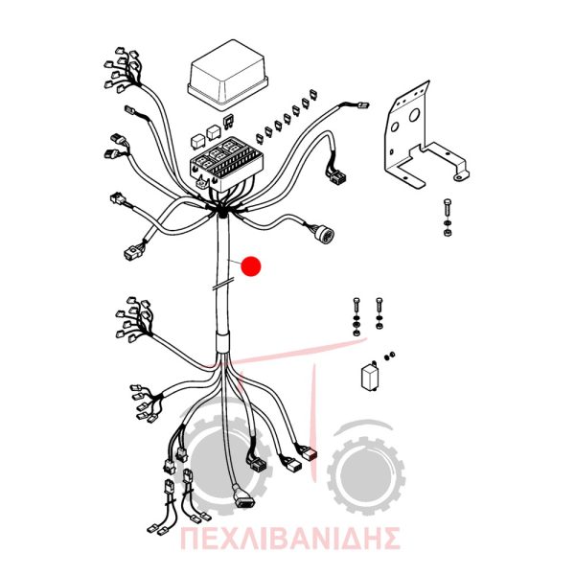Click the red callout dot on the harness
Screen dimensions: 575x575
[x=251, y=265]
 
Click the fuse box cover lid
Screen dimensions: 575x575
[x=227, y=75]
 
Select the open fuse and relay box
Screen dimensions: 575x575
[x=226, y=164]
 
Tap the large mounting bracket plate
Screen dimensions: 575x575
[x=422, y=137]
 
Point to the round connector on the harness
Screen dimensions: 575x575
[x=325, y=233]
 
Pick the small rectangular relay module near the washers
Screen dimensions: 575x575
[x=370, y=378]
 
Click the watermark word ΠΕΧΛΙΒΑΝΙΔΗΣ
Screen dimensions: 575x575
[x=290, y=538]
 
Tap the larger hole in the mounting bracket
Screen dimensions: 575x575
[x=414, y=116]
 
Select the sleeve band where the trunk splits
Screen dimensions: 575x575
[x=222, y=342]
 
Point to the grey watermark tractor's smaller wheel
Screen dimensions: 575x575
[x=367, y=475]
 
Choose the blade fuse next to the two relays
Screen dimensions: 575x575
[x=228, y=122]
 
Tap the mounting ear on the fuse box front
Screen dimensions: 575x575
[x=202, y=182]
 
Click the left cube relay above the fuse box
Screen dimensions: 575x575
[x=197, y=142]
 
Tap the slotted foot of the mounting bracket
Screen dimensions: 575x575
[x=462, y=175]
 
